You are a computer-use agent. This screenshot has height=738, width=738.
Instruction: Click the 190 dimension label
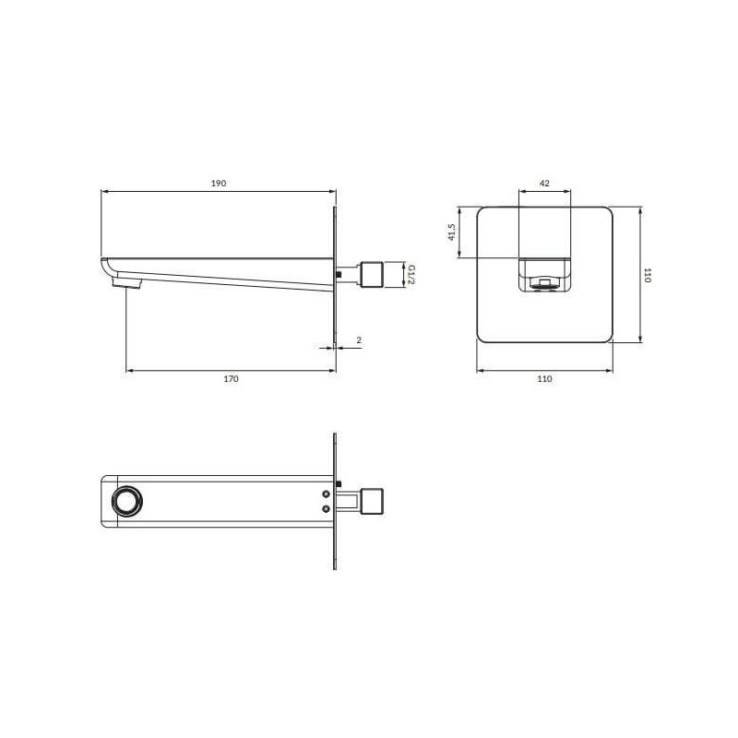pyautogui.click(x=219, y=183)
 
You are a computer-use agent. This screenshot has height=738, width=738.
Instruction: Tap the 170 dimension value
pyautogui.click(x=232, y=379)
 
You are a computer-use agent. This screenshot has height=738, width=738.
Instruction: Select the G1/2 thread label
pyautogui.click(x=411, y=274)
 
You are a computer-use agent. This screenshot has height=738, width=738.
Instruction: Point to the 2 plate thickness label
pyautogui.click(x=359, y=339)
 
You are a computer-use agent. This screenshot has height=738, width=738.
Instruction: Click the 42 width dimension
pyautogui.click(x=544, y=183)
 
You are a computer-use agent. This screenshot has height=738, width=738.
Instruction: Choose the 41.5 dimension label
pyautogui.click(x=452, y=232)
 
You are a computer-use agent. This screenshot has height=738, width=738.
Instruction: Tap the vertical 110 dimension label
pyautogui.click(x=648, y=275)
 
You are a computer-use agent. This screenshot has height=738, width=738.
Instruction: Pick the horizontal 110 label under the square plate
pyautogui.click(x=544, y=379)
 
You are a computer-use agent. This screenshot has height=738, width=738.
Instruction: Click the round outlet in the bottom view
pyautogui.click(x=126, y=501)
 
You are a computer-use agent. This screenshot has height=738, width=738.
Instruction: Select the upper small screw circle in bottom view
pyautogui.click(x=327, y=494)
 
